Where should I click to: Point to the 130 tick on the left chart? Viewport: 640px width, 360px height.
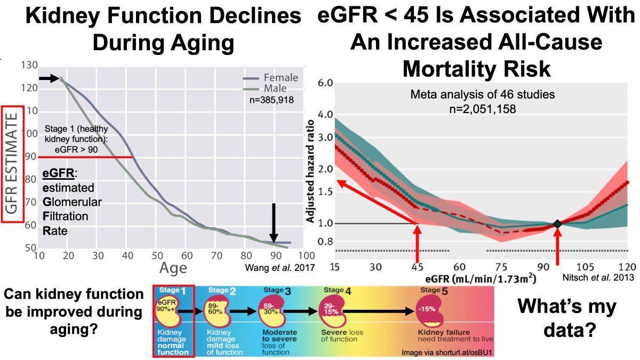tap(29, 66)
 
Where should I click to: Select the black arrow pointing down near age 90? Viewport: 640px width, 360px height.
tap(274, 222)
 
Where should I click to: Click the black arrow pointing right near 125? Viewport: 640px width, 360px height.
tap(49, 78)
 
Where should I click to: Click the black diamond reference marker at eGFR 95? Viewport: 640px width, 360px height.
tap(557, 224)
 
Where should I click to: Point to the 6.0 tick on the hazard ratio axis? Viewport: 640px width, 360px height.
tap(325, 83)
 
